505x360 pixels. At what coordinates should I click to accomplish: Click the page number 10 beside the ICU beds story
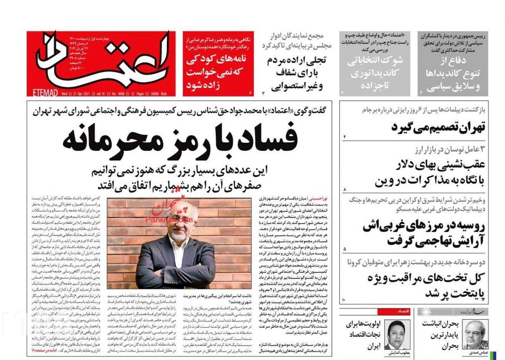click(x=344, y=299)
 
